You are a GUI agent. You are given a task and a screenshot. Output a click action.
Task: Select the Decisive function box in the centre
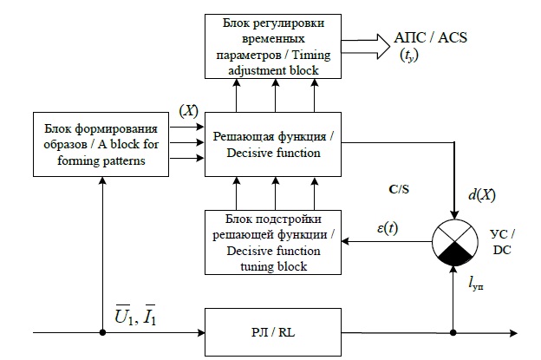pyautogui.click(x=274, y=143)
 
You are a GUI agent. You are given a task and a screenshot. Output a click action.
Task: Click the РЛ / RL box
pyautogui.click(x=274, y=331)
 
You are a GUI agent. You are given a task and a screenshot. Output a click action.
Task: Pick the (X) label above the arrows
pyautogui.click(x=189, y=111)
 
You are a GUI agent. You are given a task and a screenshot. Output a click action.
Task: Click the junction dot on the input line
pyautogui.click(x=102, y=331)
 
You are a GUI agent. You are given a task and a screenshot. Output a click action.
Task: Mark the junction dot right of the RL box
pyautogui.click(x=454, y=331)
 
